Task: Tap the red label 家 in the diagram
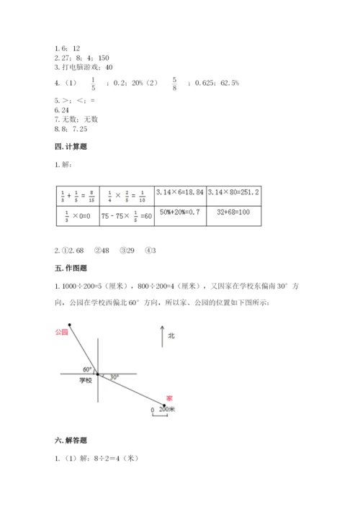pyautogui.click(x=169, y=397)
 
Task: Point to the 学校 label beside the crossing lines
pyautogui.click(x=86, y=380)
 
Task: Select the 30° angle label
pyautogui.click(x=114, y=377)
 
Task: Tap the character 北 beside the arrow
pyautogui.click(x=171, y=335)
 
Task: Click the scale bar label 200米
pyautogui.click(x=168, y=408)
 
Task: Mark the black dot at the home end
pyautogui.click(x=165, y=405)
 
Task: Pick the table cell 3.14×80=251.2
pyautogui.click(x=234, y=193)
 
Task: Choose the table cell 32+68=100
pyautogui.click(x=234, y=215)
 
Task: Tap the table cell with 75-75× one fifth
pyautogui.click(x=127, y=215)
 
